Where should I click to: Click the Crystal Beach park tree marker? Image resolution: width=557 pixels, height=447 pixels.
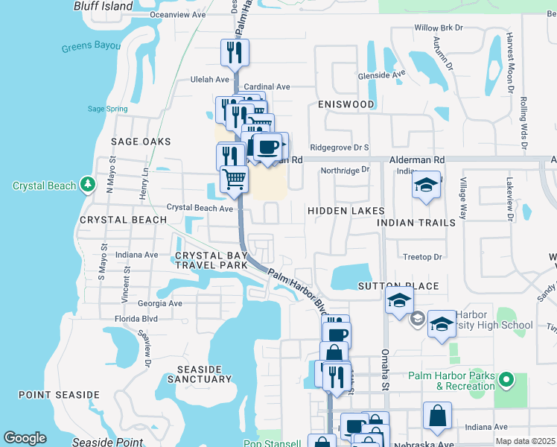87,183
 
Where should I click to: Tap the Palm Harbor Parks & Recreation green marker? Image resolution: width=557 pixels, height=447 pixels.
507,381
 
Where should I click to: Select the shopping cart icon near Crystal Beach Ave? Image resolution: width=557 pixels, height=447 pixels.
234,179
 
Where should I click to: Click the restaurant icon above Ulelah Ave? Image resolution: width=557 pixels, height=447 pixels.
235,53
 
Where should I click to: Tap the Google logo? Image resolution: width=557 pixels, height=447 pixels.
25,438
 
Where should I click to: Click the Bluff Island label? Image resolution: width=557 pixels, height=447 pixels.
103,6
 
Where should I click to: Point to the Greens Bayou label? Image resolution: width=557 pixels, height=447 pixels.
91,46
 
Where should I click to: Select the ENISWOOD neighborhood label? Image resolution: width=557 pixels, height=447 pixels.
346,104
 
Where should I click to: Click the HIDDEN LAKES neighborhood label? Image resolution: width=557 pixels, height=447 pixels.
347,212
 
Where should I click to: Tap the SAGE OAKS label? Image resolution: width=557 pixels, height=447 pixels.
141,142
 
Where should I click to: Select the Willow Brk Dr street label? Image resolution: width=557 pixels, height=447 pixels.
439,28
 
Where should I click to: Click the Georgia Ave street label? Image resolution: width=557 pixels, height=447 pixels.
160,303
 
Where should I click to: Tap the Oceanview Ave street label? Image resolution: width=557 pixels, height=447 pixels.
177,14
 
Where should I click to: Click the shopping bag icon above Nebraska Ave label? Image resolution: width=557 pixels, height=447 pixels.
437,416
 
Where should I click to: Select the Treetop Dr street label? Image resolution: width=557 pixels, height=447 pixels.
422,257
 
